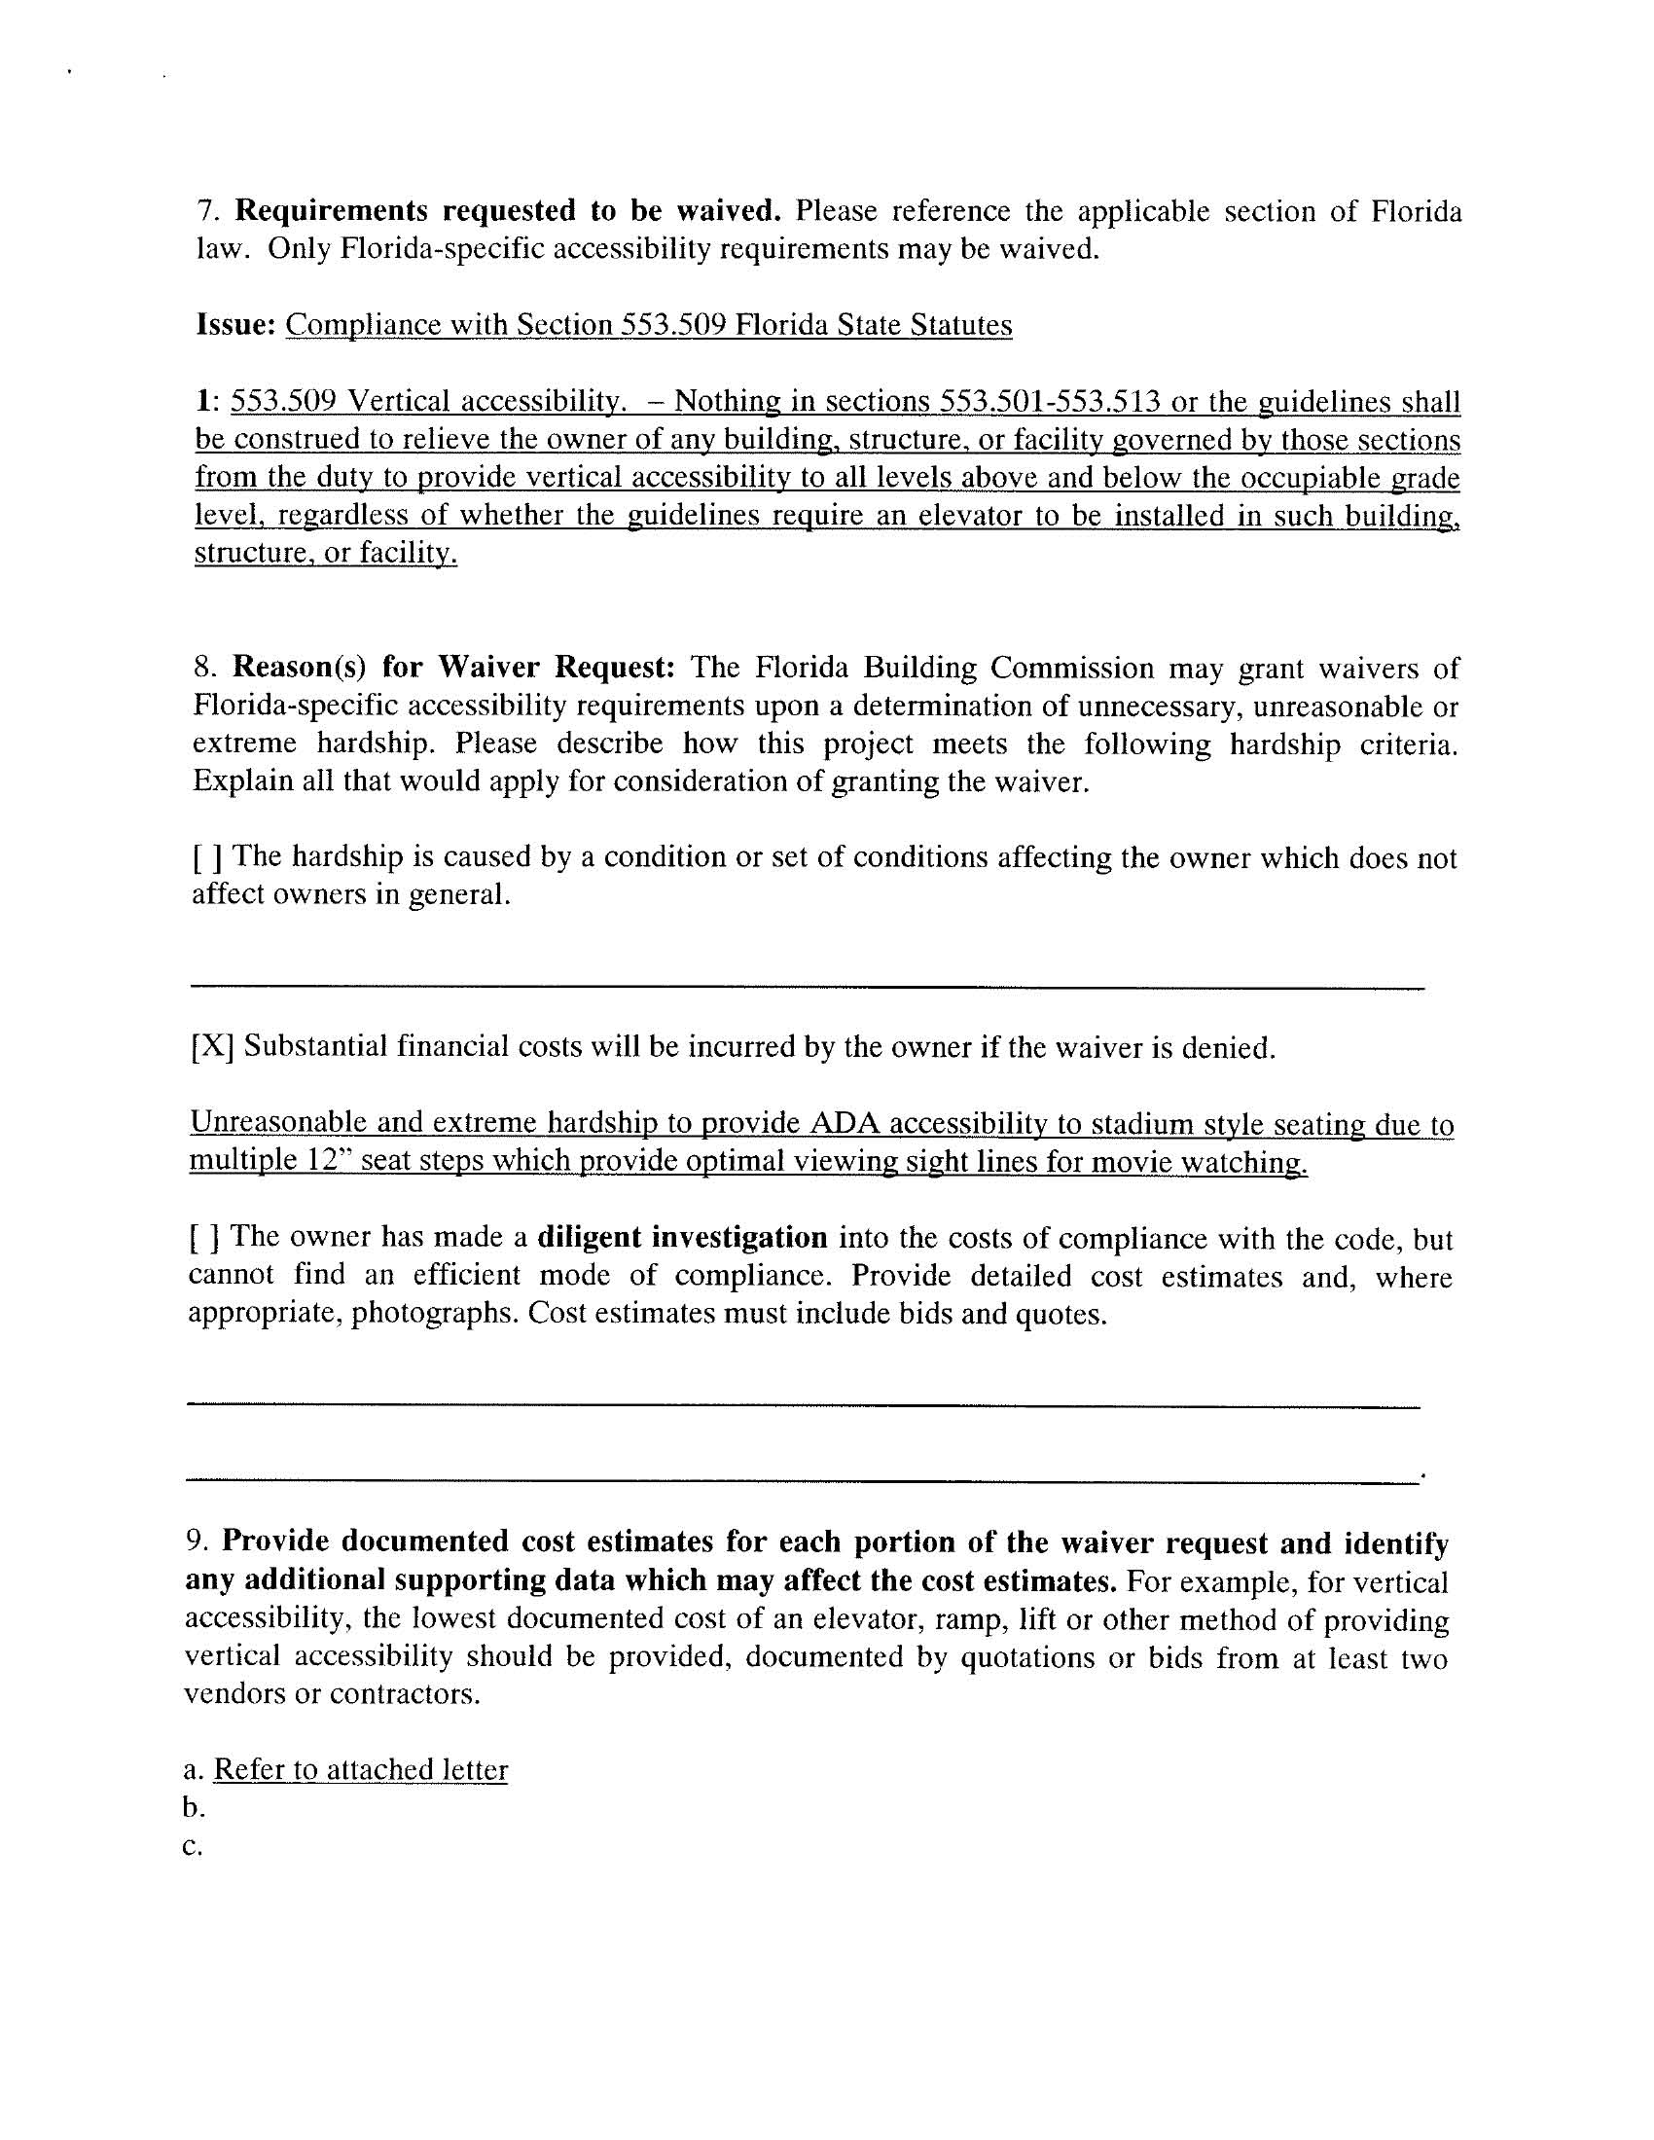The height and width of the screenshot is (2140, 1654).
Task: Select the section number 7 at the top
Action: [204, 211]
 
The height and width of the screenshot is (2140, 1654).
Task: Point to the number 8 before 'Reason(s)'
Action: [201, 669]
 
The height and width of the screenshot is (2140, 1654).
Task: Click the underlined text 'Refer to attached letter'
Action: [361, 1768]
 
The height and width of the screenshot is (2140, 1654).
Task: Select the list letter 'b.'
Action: [193, 1807]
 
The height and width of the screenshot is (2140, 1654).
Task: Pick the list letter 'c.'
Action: [192, 1846]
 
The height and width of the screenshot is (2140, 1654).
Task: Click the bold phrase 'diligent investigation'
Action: [682, 1238]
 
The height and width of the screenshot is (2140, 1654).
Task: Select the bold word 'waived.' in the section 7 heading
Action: [729, 211]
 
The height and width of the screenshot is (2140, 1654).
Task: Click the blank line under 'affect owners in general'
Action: [806, 985]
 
